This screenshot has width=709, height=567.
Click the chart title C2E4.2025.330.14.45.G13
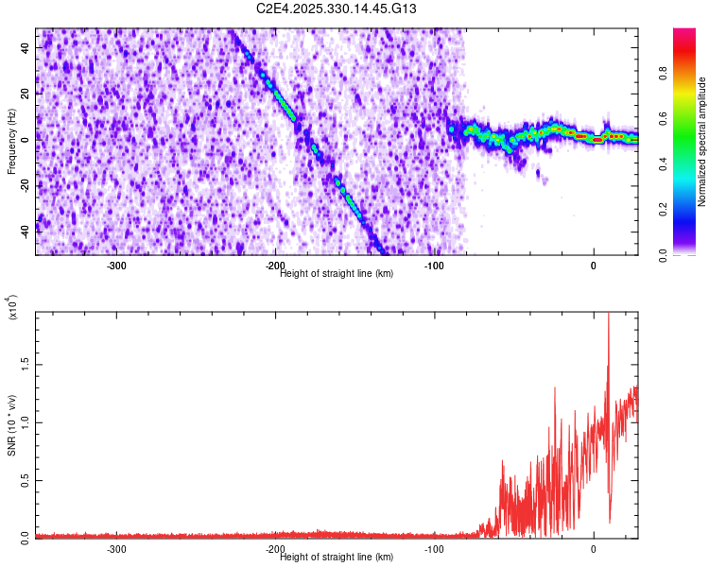point(337,9)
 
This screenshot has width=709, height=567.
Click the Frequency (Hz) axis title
point(12,142)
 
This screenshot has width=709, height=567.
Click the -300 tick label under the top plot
point(116,266)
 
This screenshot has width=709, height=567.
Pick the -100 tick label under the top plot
point(434,266)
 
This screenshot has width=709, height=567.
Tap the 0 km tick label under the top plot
point(594,266)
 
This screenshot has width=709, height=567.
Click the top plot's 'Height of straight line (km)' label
point(337,274)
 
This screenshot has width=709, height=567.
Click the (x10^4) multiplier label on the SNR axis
point(12,308)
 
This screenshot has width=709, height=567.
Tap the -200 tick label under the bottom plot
point(275,548)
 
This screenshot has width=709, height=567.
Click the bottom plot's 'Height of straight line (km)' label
point(337,557)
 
